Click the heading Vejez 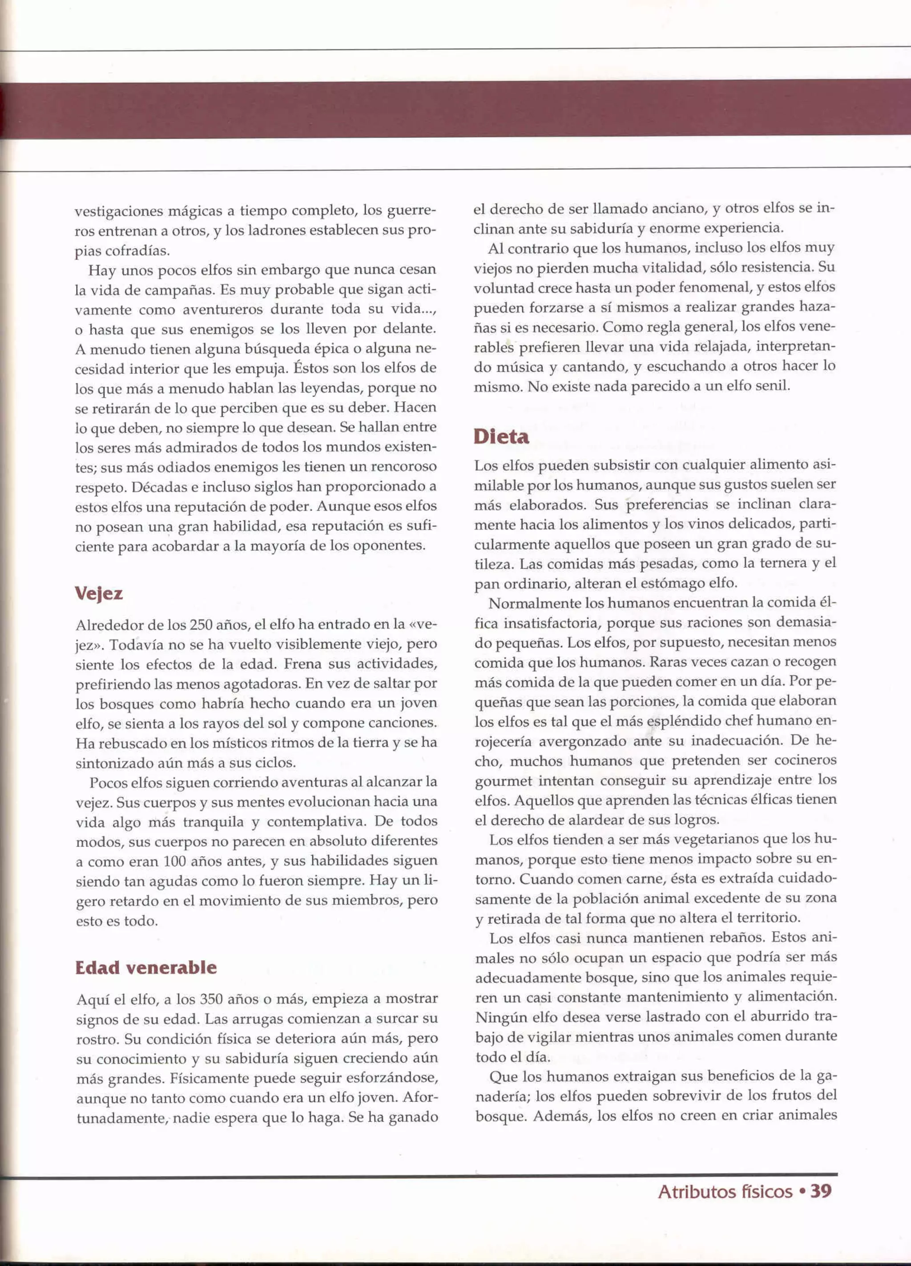pyautogui.click(x=99, y=593)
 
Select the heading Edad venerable pyautogui.click(x=145, y=967)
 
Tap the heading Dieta pyautogui.click(x=501, y=437)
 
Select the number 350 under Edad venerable pyautogui.click(x=211, y=999)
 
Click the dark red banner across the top pyautogui.click(x=455, y=109)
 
